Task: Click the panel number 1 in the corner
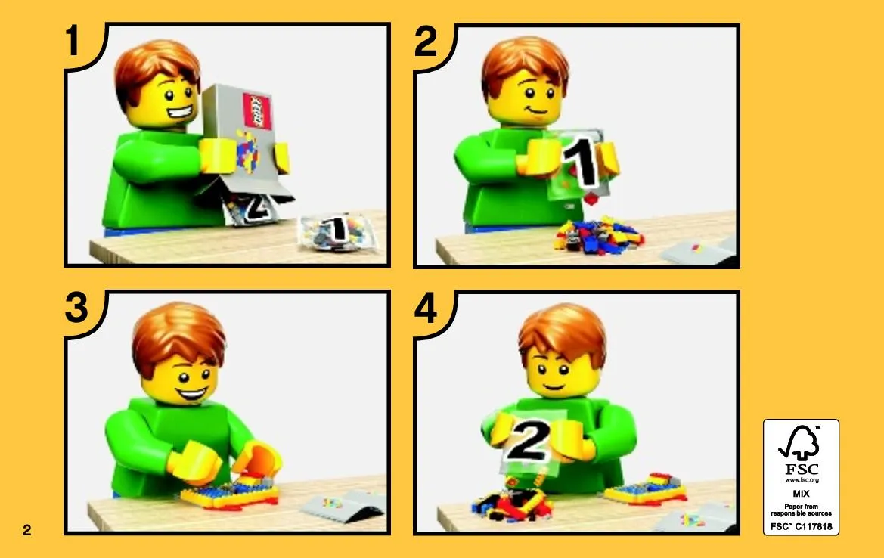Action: (73, 40)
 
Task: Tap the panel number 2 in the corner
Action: (426, 41)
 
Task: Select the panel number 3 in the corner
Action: (76, 307)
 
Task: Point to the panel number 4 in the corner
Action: (426, 309)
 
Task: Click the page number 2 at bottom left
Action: (27, 529)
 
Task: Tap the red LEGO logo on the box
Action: (256, 112)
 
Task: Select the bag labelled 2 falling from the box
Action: (253, 209)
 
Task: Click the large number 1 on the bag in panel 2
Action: (582, 160)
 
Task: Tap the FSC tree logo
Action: (799, 444)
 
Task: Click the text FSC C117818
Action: (801, 526)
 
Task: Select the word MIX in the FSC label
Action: (801, 493)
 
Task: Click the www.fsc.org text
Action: (801, 480)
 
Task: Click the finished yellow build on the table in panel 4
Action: (646, 489)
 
